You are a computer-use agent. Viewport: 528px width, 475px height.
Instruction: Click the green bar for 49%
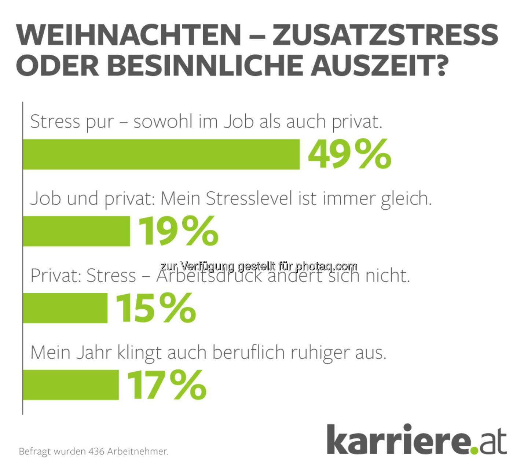[x=161, y=154]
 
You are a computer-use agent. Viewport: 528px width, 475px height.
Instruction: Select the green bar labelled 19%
[x=76, y=231]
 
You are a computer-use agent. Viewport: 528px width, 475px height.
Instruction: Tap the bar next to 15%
[x=65, y=308]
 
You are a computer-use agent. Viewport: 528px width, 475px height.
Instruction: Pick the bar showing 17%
[x=71, y=385]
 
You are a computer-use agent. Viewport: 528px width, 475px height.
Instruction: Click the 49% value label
[x=349, y=154]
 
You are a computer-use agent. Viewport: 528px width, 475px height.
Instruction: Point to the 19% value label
[x=179, y=231]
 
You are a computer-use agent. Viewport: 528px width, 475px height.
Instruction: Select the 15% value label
[x=156, y=308]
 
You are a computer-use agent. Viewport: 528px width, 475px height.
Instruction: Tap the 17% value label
[x=167, y=385]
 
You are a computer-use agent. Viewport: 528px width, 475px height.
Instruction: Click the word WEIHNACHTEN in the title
[x=129, y=35]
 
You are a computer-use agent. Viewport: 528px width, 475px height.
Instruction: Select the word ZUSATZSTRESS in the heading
[x=385, y=35]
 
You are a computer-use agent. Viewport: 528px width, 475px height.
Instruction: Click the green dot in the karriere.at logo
[x=474, y=450]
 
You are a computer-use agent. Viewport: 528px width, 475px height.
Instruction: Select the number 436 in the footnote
[x=96, y=451]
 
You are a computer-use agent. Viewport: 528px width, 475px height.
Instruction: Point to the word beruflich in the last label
[x=248, y=353]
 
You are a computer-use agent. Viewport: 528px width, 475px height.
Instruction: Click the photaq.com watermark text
[x=258, y=266]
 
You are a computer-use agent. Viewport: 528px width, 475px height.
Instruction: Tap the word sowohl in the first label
[x=162, y=122]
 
